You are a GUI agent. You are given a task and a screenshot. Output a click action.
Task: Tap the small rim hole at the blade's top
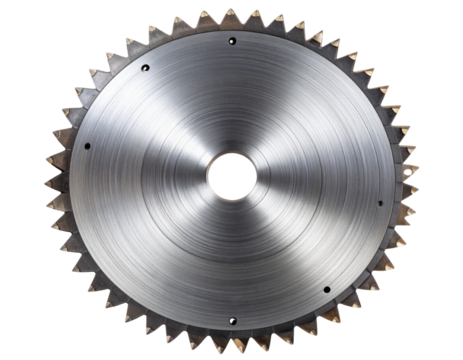pos(231,42)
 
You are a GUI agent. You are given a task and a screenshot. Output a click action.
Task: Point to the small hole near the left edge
pos(88,146)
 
